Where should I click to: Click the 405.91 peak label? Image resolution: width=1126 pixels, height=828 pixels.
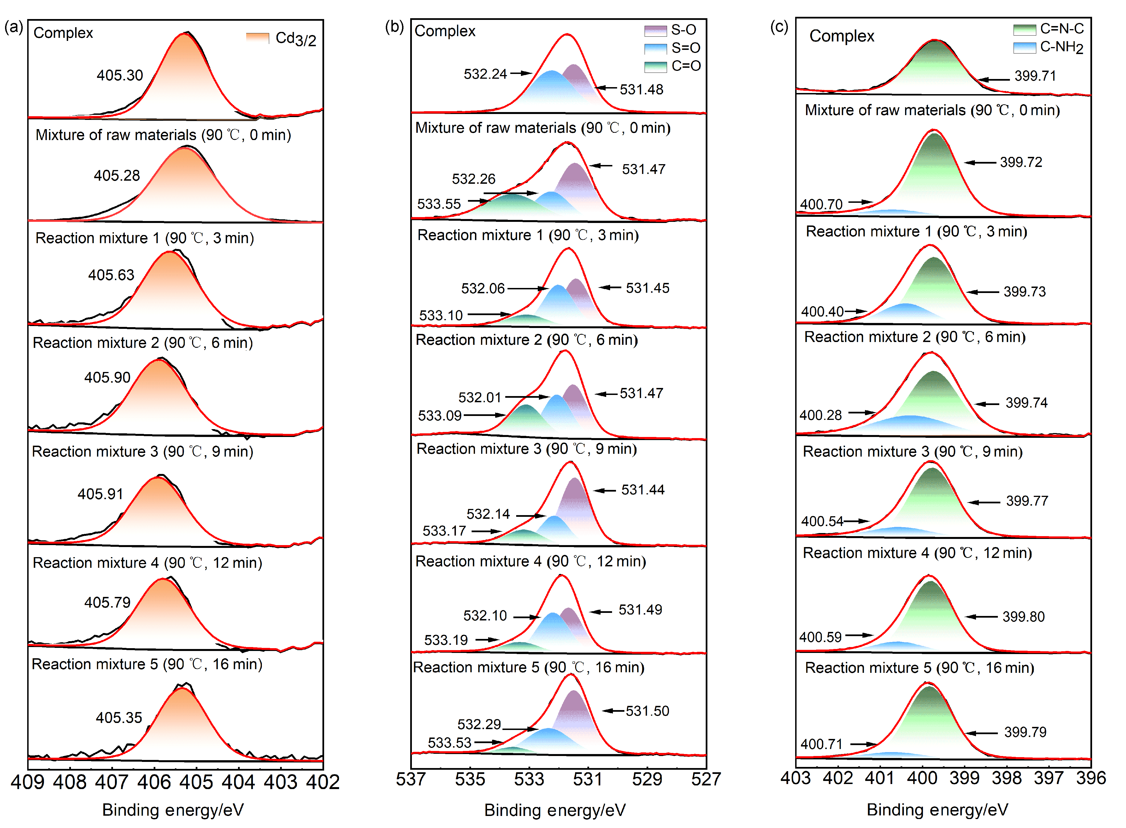(x=100, y=494)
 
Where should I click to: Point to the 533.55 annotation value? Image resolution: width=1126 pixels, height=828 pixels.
(x=439, y=204)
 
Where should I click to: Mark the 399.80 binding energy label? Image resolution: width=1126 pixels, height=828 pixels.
(x=1023, y=617)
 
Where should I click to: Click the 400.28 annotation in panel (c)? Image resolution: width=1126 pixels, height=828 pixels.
(x=821, y=415)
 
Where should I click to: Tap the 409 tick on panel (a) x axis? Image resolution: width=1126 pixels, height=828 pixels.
(x=27, y=782)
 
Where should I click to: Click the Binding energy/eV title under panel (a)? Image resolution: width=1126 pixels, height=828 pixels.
(x=173, y=810)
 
